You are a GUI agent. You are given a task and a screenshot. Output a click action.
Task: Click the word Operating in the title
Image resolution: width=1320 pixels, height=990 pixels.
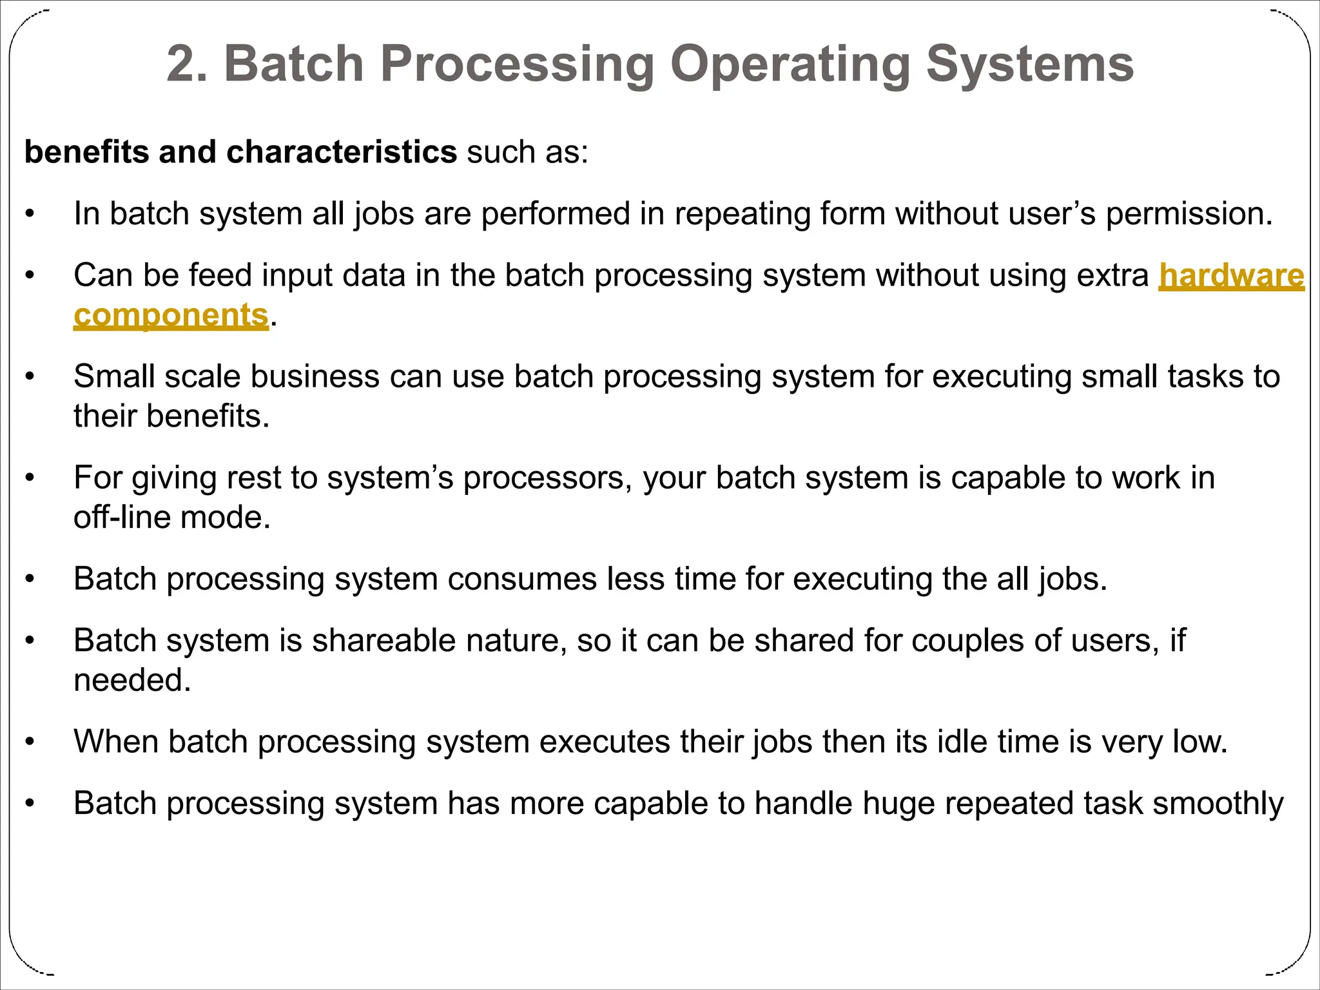click(x=790, y=64)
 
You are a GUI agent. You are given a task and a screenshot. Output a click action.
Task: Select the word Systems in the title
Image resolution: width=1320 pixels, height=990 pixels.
click(x=1029, y=64)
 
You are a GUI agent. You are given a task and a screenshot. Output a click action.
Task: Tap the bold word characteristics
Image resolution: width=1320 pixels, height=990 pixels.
click(x=342, y=152)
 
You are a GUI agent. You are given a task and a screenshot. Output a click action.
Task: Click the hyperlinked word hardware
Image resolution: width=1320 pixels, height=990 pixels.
click(x=1231, y=276)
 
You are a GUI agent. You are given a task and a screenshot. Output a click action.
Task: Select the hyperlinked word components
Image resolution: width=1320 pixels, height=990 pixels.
click(x=171, y=316)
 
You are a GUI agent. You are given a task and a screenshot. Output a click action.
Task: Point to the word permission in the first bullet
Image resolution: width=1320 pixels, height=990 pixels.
click(x=1189, y=214)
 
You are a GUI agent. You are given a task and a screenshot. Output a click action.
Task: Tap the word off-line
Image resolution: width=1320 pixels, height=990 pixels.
click(x=122, y=518)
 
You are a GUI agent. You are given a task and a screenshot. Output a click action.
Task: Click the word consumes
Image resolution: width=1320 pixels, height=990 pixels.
click(x=522, y=579)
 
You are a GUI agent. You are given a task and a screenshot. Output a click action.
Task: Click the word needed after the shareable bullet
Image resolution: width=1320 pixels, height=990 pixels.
click(x=132, y=681)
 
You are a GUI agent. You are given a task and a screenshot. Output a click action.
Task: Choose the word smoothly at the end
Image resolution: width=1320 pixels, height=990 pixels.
click(x=1218, y=804)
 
